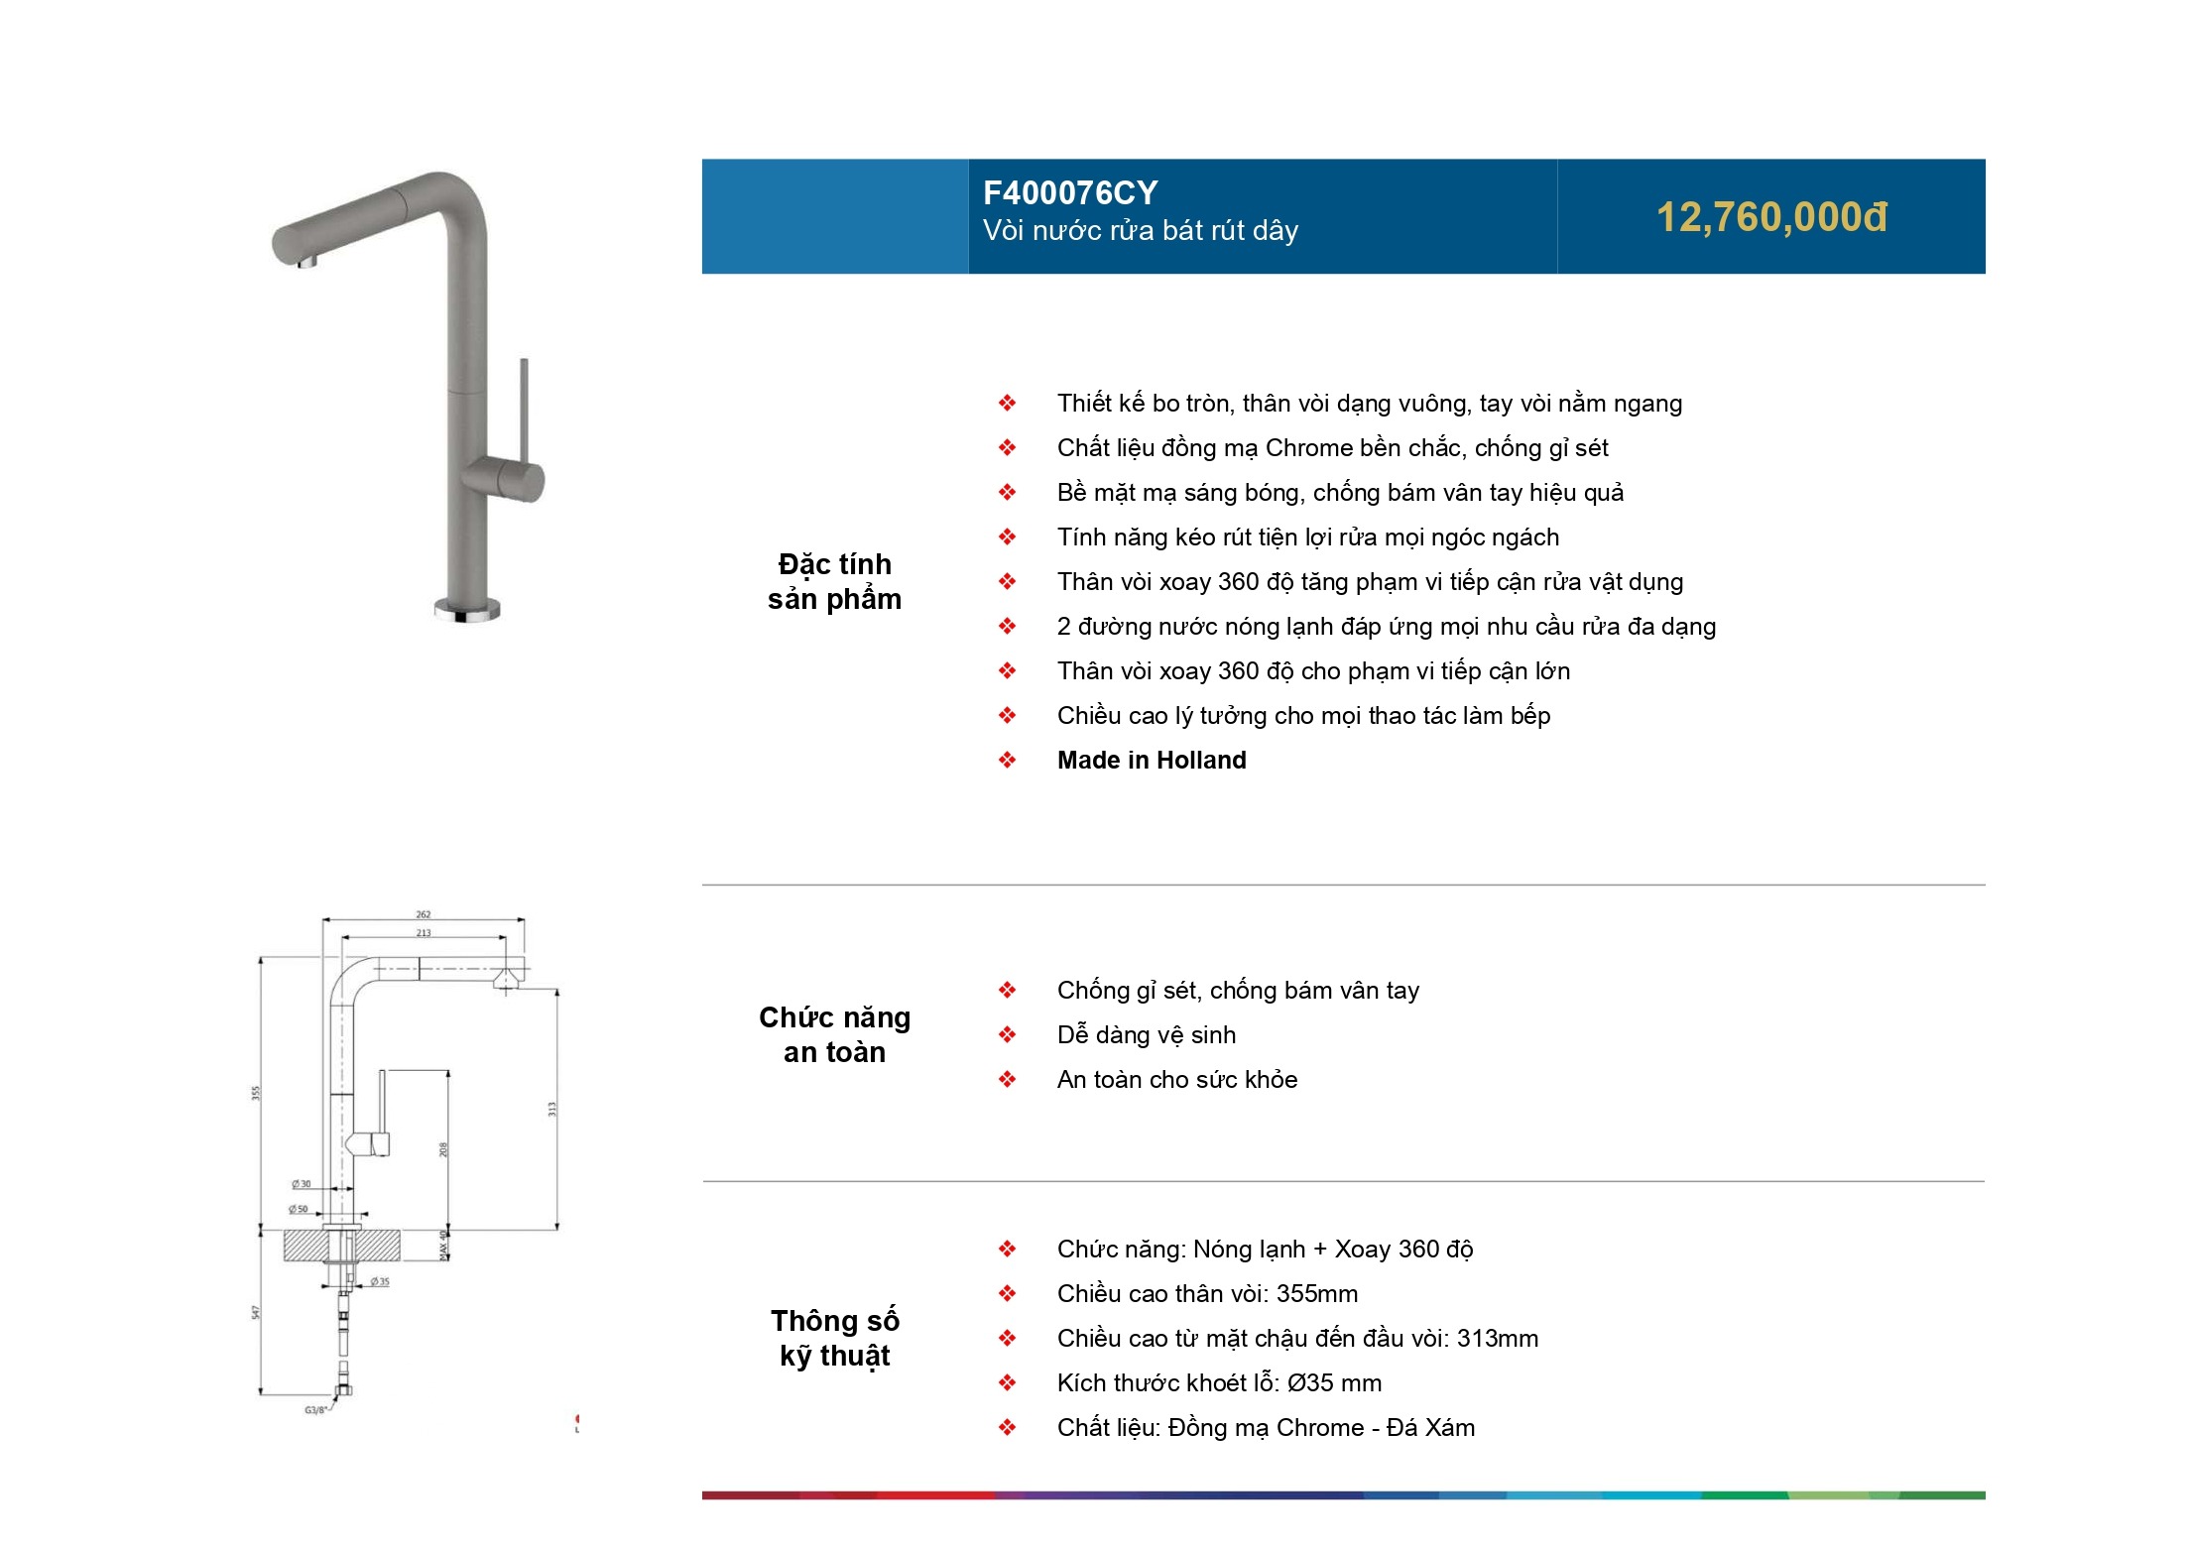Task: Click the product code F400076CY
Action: tap(1070, 192)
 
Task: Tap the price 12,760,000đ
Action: tap(1771, 218)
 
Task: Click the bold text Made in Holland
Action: tap(1152, 761)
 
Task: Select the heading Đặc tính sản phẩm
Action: tap(835, 582)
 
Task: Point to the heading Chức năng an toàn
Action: tap(835, 1035)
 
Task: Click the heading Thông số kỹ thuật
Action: tap(835, 1339)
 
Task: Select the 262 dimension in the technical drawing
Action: tap(424, 914)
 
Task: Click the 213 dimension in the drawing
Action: tap(424, 933)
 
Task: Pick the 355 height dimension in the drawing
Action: tap(256, 1094)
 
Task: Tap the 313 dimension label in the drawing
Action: tap(552, 1109)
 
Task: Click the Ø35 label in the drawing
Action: tap(380, 1282)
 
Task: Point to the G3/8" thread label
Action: tap(315, 1410)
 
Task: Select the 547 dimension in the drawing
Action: tap(256, 1312)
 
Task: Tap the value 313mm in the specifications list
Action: tap(1498, 1339)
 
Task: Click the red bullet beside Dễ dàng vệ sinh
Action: tap(1008, 1035)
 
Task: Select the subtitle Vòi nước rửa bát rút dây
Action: tap(1141, 231)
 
